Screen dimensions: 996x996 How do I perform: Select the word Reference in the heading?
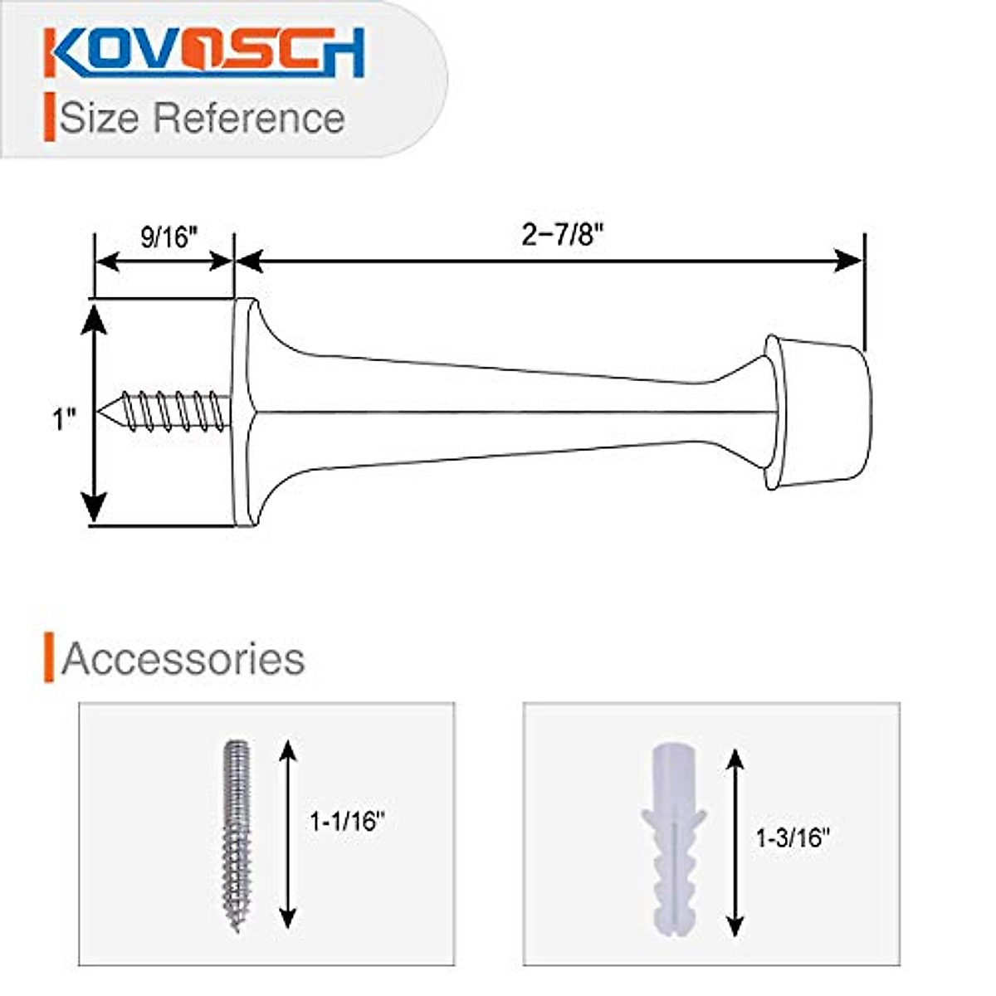click(x=248, y=117)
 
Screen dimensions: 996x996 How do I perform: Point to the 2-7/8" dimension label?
click(x=561, y=236)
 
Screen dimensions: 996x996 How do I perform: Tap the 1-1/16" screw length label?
click(x=348, y=822)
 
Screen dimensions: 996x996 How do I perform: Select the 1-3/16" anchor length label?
click(x=793, y=838)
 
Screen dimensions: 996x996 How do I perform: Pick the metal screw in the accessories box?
click(x=237, y=834)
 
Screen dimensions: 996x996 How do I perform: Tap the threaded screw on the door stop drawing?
click(x=166, y=411)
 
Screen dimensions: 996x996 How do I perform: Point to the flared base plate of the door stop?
click(x=243, y=413)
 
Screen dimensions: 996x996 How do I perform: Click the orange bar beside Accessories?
click(x=49, y=657)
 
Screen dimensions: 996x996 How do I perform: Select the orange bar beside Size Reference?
click(x=49, y=117)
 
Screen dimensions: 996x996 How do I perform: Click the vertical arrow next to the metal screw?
click(x=287, y=834)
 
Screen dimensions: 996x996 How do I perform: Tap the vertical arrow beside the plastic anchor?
click(x=735, y=842)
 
